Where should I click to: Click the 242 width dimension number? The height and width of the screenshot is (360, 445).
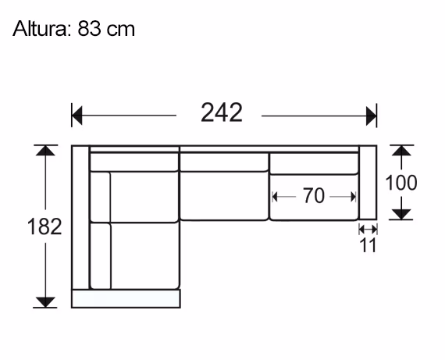point(221,114)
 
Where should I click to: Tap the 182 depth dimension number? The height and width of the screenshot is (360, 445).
point(45,227)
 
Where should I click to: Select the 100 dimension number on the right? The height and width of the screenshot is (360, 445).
point(401,183)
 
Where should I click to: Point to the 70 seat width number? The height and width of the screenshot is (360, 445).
point(313,197)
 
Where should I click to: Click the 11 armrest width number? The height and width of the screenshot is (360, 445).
point(368,245)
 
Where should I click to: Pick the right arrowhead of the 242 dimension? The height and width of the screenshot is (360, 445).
point(372,116)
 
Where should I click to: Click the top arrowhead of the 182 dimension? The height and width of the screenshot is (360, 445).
point(46,151)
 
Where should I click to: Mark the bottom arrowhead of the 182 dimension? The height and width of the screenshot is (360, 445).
point(46,301)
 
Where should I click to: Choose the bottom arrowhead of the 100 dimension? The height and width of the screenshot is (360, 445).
point(401,213)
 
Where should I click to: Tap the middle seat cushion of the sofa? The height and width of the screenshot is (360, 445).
point(225,197)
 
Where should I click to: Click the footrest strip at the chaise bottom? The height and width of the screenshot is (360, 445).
point(126,299)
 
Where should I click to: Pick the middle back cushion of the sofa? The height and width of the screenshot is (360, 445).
point(225,162)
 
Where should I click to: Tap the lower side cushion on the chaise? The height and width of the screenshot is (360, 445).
point(101,255)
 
